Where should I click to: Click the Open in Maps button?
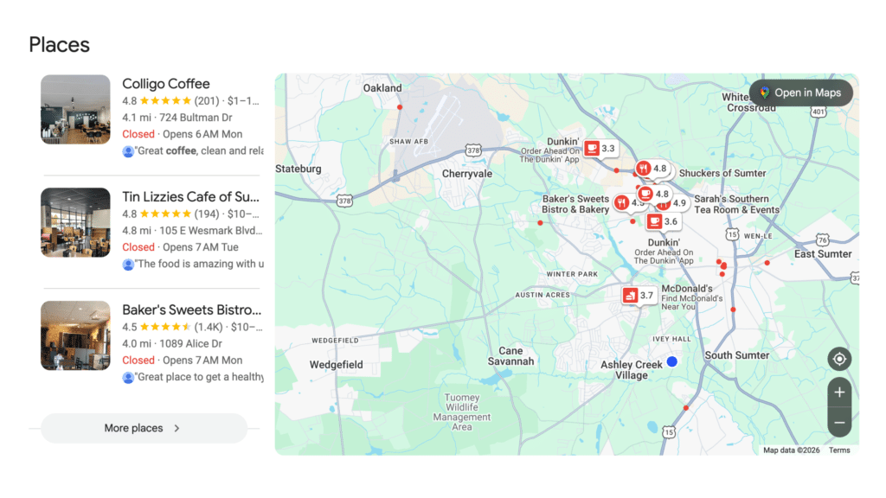tap(801, 93)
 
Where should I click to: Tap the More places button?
tap(144, 428)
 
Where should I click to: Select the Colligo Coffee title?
tap(166, 84)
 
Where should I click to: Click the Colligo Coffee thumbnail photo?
tap(75, 109)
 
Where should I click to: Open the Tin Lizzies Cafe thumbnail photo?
tap(75, 222)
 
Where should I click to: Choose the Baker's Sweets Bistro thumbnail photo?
tap(75, 335)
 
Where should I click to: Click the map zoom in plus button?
tap(838, 392)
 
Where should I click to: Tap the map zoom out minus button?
tap(838, 423)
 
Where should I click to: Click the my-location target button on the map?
tap(838, 359)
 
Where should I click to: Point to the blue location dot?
tap(671, 361)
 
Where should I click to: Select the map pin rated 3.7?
tap(639, 296)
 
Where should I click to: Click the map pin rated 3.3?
tap(600, 149)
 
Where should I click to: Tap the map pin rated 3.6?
tap(663, 222)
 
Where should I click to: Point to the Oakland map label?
tap(382, 88)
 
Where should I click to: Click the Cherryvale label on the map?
tap(467, 174)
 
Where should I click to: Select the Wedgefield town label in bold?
tap(337, 365)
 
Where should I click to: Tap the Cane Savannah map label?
tap(510, 356)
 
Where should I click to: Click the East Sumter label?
tap(823, 254)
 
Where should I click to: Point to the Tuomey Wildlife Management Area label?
tap(462, 412)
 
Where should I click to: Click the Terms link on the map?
tap(839, 450)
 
